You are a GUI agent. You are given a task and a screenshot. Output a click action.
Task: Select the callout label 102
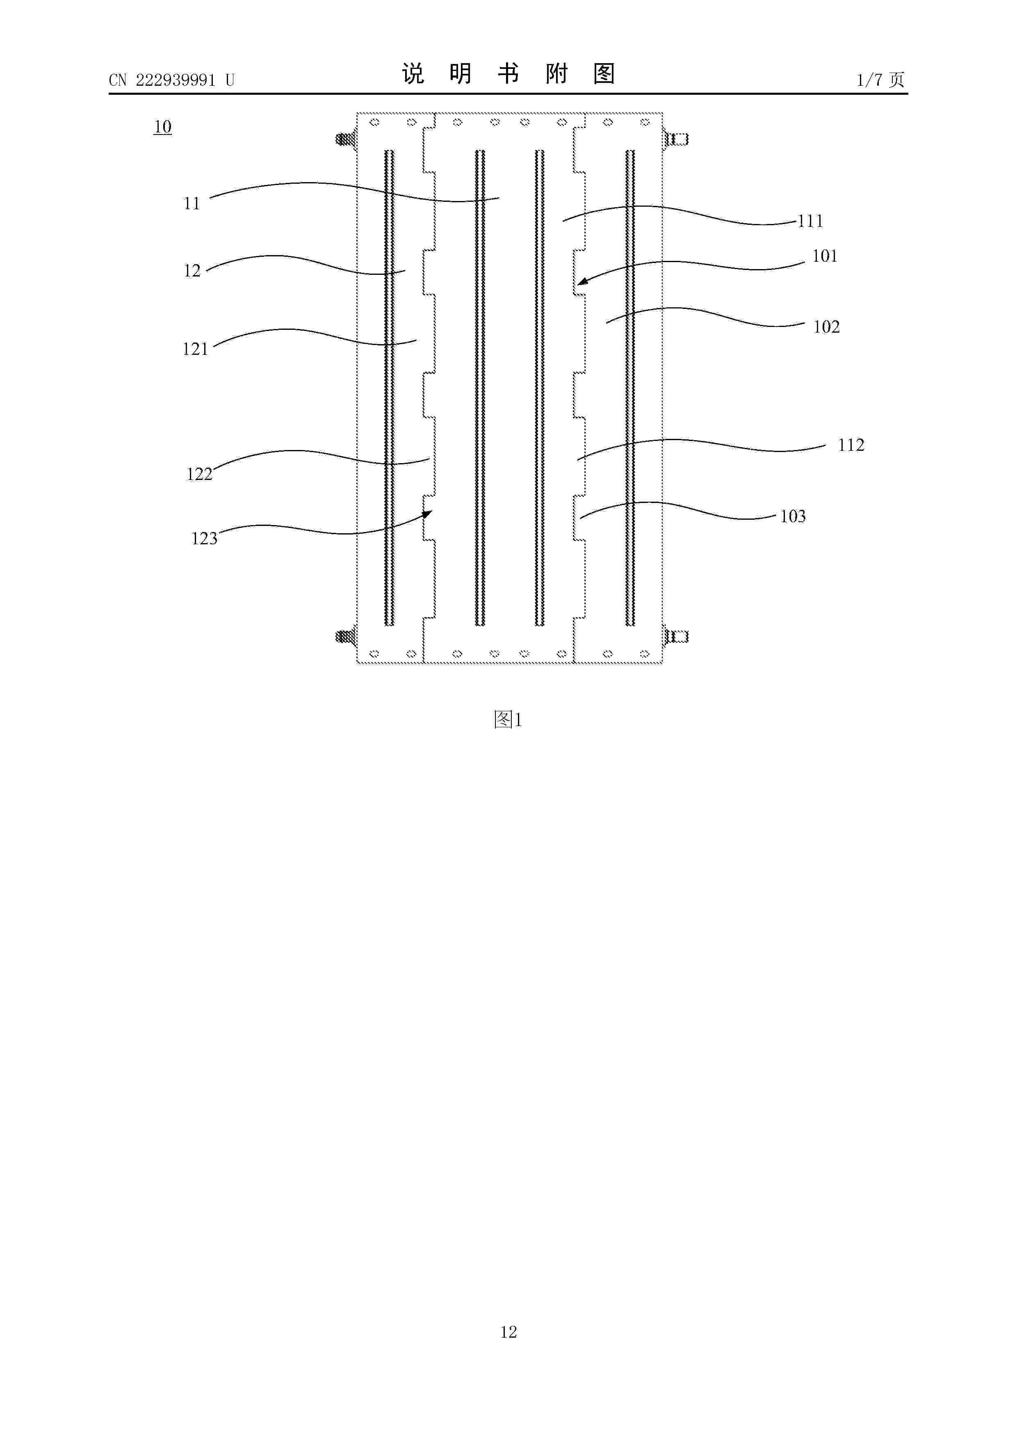coord(826,327)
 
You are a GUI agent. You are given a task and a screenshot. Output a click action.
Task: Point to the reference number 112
coord(851,445)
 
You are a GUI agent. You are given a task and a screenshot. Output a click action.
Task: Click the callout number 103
coord(793,516)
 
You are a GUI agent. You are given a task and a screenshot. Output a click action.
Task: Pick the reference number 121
coord(195,349)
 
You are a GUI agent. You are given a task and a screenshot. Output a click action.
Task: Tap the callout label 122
coord(199,475)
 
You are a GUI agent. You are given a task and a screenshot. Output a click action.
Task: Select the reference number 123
coord(204,538)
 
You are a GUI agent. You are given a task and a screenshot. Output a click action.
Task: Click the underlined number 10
coord(163,127)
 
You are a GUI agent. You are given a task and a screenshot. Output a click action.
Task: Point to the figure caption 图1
coord(508,719)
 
